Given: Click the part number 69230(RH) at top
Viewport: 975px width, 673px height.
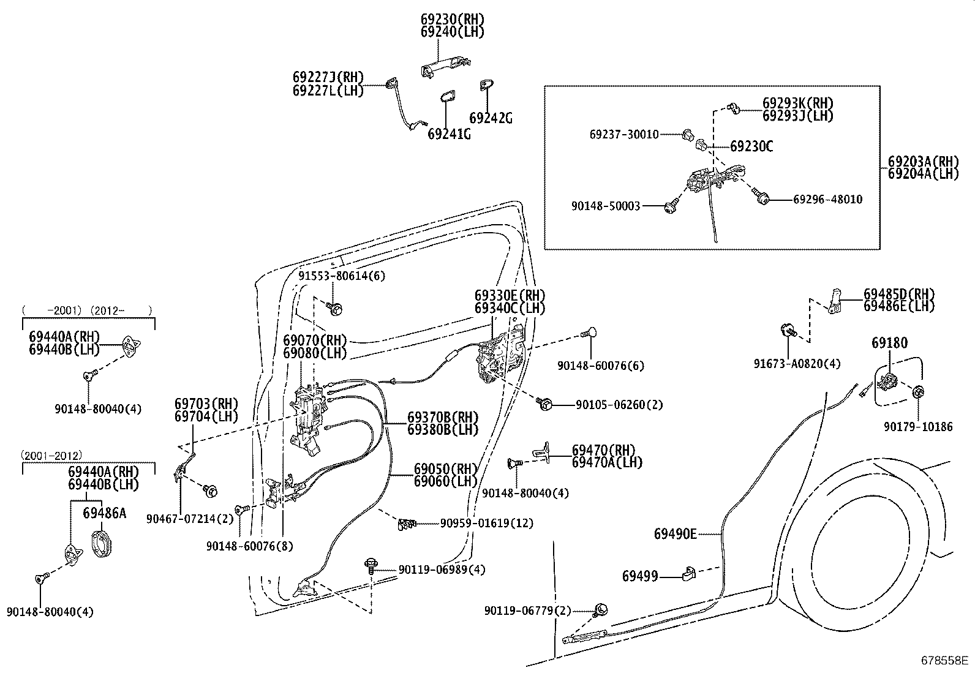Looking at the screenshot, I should tap(448, 19).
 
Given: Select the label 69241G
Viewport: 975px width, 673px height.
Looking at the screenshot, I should tap(449, 133).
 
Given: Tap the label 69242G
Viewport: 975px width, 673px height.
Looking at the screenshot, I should tap(491, 118).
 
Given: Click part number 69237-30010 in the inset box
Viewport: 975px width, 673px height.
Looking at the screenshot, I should tap(624, 134).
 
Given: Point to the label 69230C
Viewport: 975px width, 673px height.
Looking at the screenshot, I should tap(751, 146).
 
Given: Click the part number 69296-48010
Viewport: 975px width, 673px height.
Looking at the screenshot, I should tap(827, 200).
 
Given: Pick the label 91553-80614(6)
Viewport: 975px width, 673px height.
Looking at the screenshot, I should tap(342, 276).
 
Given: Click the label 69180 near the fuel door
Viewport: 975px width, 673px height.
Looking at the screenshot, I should tap(889, 343).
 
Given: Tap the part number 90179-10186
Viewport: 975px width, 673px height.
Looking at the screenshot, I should tap(918, 427).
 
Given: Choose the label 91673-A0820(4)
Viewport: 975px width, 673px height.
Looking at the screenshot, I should tap(797, 364).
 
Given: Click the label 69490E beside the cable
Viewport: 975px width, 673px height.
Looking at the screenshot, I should tap(675, 534).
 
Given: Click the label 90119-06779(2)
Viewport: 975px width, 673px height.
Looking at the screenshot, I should tap(527, 611).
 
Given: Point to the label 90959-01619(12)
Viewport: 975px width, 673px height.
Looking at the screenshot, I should tap(486, 523).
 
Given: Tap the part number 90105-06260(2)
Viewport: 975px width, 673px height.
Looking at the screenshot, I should tap(619, 405).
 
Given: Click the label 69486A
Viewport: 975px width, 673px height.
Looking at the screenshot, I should tap(104, 513).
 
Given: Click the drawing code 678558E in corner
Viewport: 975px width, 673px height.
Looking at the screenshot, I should tap(945, 661).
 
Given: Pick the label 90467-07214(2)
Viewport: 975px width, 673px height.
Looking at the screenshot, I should tap(190, 519).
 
